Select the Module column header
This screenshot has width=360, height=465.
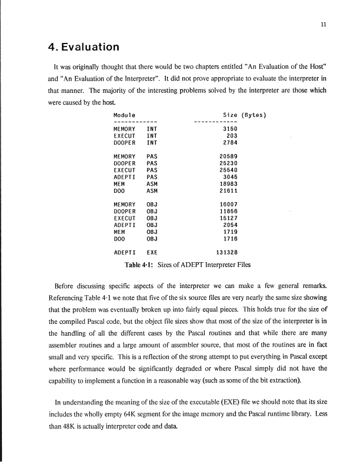[x=124, y=114]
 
